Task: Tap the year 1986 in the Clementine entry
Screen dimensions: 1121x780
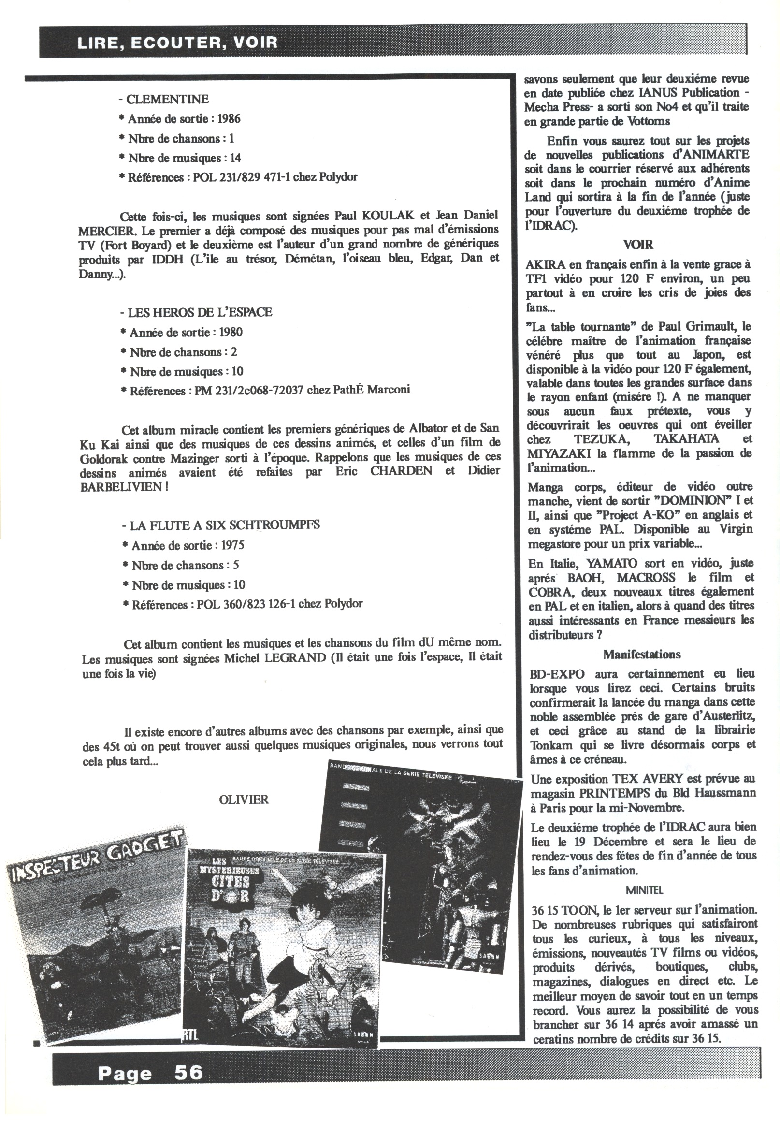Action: pos(229,118)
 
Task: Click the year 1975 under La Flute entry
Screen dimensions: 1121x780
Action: pos(232,545)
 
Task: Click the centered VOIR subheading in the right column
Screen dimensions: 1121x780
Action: pos(638,245)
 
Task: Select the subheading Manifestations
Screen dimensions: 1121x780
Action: pos(641,654)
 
